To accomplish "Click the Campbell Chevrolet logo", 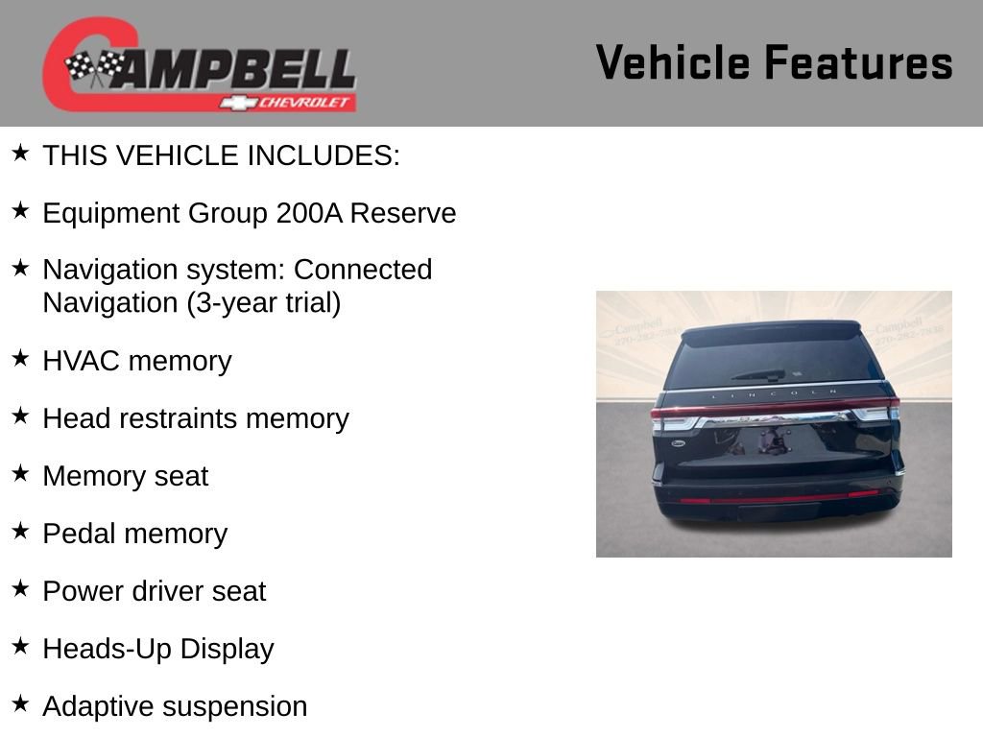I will tap(199, 65).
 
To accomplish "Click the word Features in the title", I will tap(858, 63).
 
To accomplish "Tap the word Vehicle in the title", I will tap(672, 63).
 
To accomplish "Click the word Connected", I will tap(363, 270).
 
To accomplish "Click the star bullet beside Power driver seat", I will tap(20, 588).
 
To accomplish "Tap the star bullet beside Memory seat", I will tap(20, 473).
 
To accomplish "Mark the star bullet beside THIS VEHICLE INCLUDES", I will tap(20, 153).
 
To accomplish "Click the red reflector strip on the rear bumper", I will tap(779, 497).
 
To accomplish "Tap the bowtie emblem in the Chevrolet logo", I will tap(236, 102).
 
